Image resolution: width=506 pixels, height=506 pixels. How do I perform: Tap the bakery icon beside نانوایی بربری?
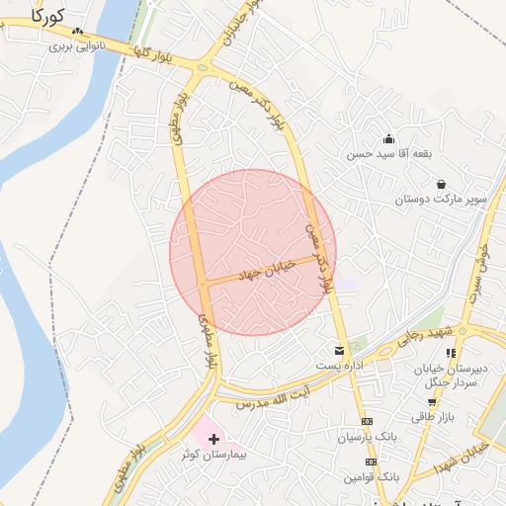(78, 32)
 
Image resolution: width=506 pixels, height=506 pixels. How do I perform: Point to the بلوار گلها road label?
(157, 58)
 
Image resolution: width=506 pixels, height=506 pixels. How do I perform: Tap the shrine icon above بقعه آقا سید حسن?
(388, 138)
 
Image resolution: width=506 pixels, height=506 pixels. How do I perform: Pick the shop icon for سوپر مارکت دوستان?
(440, 184)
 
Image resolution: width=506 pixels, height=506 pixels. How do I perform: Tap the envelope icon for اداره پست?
(340, 350)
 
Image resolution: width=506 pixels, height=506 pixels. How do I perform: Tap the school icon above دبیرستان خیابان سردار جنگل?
(451, 352)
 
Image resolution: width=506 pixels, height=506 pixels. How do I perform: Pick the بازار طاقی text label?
(433, 417)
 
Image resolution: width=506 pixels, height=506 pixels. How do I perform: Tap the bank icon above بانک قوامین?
(372, 462)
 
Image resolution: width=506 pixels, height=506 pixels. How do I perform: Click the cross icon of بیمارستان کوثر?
(212, 438)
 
